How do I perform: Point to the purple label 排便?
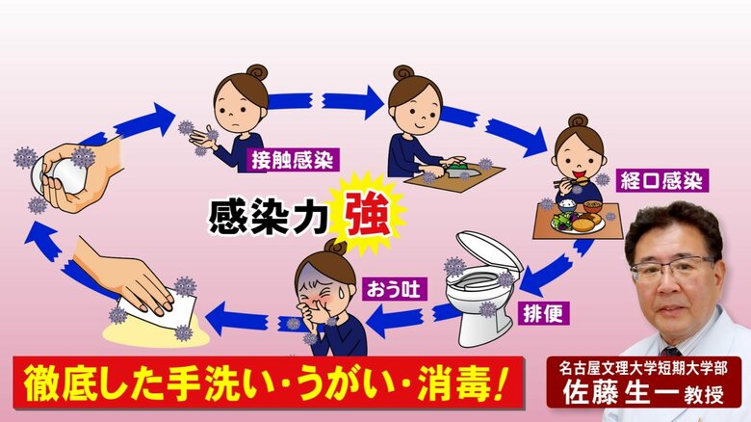[x=544, y=314]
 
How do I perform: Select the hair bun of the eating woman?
[x=577, y=120]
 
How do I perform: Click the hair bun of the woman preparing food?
[x=401, y=72]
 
